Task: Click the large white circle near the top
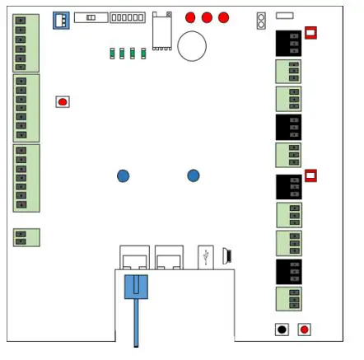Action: pyautogui.click(x=192, y=46)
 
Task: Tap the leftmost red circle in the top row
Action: pyautogui.click(x=190, y=17)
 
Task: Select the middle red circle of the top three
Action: pyautogui.click(x=207, y=17)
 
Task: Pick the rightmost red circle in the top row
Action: pyautogui.click(x=223, y=17)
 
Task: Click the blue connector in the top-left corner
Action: pyautogui.click(x=61, y=20)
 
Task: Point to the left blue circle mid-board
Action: pyautogui.click(x=123, y=175)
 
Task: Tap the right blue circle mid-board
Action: pyautogui.click(x=193, y=175)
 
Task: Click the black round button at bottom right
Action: pyautogui.click(x=282, y=330)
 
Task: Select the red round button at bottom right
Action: pyautogui.click(x=305, y=330)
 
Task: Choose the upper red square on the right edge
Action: pyautogui.click(x=310, y=33)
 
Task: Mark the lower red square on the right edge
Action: pyautogui.click(x=310, y=175)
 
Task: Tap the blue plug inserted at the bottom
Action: pyautogui.click(x=136, y=287)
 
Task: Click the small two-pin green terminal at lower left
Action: pyautogui.click(x=26, y=237)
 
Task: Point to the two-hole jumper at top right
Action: pyautogui.click(x=261, y=20)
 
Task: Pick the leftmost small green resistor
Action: pyautogui.click(x=112, y=54)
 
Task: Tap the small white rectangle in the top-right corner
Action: pyautogui.click(x=284, y=15)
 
